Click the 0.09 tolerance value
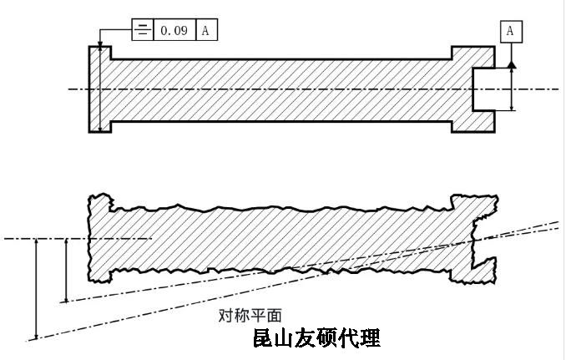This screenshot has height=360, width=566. click(x=174, y=31)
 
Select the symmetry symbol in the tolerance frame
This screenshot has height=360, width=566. click(x=144, y=31)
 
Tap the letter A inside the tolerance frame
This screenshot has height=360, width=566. click(x=205, y=31)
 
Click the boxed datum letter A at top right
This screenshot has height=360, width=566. click(x=511, y=32)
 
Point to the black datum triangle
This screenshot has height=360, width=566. click(x=512, y=63)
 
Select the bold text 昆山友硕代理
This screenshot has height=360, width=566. click(x=316, y=339)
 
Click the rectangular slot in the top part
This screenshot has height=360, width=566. click(x=485, y=88)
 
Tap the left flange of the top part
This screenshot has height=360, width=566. click(x=99, y=88)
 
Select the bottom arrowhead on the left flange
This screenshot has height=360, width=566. click(x=100, y=127)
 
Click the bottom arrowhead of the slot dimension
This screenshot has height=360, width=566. click(x=512, y=106)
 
